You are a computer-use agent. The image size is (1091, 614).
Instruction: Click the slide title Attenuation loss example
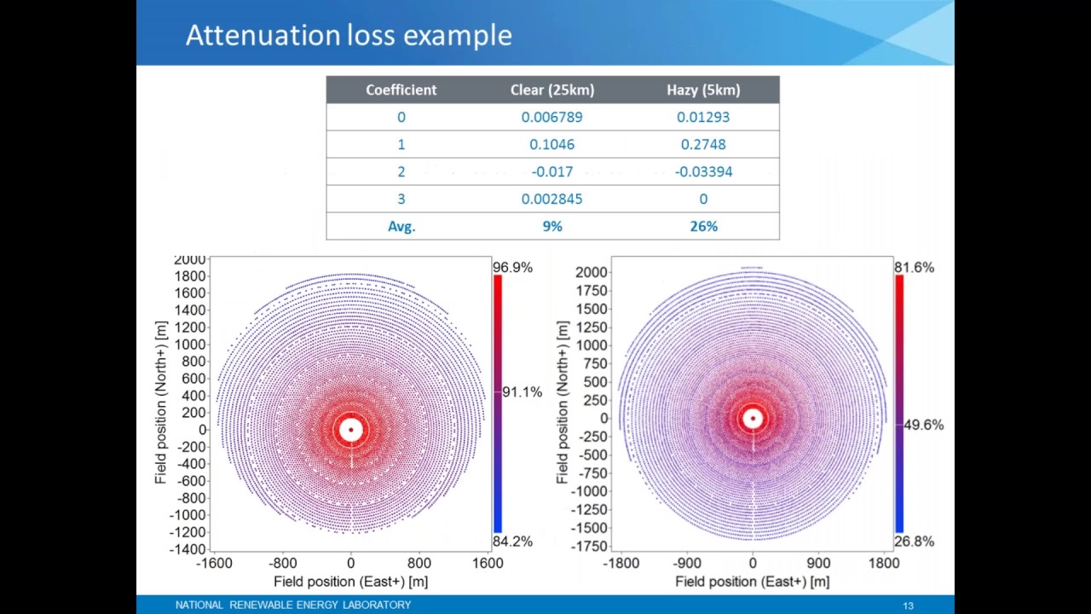tap(349, 36)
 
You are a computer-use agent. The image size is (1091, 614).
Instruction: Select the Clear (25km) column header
tap(552, 90)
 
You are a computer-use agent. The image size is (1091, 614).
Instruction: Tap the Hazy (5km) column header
tap(703, 90)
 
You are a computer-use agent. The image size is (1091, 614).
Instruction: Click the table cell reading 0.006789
tap(552, 117)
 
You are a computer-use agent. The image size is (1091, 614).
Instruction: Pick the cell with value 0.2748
tap(703, 144)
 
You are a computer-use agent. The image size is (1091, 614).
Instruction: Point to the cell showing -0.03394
tap(703, 171)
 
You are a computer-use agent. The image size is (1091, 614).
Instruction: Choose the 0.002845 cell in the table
tap(552, 199)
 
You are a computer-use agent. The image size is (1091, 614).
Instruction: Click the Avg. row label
tap(401, 226)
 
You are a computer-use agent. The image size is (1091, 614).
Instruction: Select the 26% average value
tap(703, 226)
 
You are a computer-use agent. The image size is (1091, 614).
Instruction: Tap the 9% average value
tap(552, 226)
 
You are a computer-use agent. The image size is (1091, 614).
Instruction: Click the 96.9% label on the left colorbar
tap(512, 267)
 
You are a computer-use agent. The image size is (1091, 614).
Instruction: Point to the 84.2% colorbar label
tap(512, 541)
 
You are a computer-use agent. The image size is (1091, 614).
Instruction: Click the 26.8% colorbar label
tap(914, 541)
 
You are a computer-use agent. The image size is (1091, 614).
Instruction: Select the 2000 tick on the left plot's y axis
tap(189, 260)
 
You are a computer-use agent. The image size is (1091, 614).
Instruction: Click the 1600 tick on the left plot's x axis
tap(488, 563)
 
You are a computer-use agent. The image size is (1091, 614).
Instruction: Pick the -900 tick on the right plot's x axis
tap(687, 563)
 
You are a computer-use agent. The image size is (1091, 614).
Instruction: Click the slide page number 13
tap(908, 605)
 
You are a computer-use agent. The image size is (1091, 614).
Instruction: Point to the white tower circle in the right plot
tap(752, 418)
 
